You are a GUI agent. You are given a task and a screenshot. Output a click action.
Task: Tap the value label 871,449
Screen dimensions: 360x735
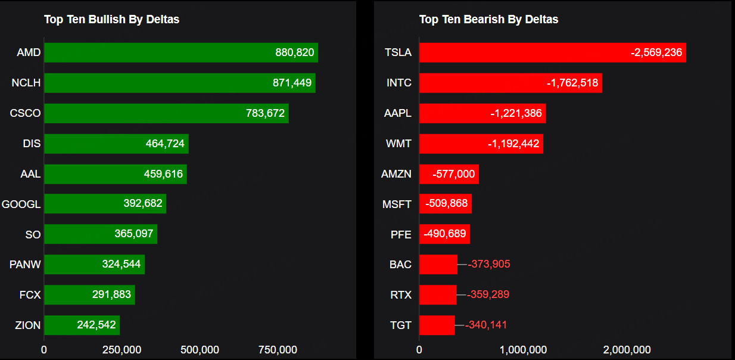[292, 83]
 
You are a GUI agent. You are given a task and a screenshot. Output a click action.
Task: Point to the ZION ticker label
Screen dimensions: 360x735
[28, 325]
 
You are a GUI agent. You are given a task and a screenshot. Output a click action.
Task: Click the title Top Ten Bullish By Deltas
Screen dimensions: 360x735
[111, 20]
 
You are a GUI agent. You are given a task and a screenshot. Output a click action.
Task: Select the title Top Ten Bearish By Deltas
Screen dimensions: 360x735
[488, 20]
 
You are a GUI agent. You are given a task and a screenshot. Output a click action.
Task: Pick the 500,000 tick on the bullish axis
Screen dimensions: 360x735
[200, 349]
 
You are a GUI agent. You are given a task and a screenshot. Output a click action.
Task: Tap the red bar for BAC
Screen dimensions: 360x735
[438, 264]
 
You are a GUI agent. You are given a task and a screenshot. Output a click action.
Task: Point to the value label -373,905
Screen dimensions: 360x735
[489, 264]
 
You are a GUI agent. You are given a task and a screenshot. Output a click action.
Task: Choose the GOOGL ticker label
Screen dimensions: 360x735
[21, 204]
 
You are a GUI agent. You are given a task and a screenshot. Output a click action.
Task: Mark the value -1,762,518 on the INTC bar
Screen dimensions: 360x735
[572, 83]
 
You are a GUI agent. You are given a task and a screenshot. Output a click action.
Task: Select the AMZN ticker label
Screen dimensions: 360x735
[396, 174]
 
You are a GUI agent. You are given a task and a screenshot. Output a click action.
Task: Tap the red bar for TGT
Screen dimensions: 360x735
[437, 325]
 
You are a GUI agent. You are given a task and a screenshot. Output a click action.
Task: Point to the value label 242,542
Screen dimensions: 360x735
[96, 325]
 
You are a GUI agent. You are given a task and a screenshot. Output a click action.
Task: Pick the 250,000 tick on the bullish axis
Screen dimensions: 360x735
[121, 349]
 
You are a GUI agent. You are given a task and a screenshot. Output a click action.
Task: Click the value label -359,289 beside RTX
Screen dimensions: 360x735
[488, 294]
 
